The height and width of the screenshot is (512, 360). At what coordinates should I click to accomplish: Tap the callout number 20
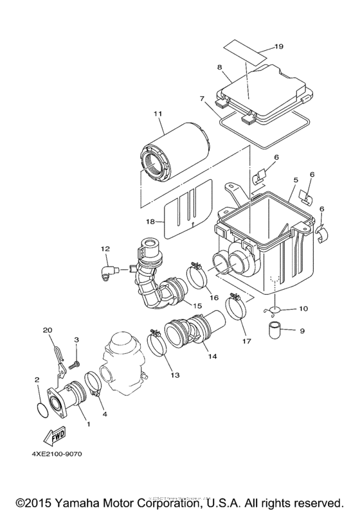tap(46, 330)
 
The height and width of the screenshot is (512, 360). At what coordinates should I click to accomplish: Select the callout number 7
tap(201, 99)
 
